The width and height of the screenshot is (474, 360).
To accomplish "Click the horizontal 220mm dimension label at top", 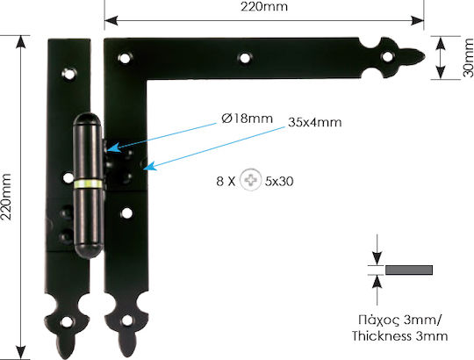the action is pos(264,6).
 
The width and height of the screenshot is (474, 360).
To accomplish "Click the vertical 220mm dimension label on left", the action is pos(6,197).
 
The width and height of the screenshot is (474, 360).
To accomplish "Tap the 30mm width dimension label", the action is pos(468,57).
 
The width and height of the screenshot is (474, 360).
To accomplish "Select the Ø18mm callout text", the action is pos(247,119).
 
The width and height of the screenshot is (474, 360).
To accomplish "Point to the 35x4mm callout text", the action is pos(315,122).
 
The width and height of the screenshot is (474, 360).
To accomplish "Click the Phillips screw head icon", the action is pos(250,180).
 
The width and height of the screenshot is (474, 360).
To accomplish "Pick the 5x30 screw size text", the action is pos(279,181).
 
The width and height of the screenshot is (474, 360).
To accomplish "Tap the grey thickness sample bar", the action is pos(409,270).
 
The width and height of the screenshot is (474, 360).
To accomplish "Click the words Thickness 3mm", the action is pos(399,336).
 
